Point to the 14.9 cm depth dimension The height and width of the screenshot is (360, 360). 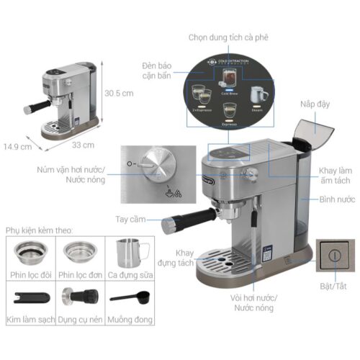[x=17, y=148]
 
